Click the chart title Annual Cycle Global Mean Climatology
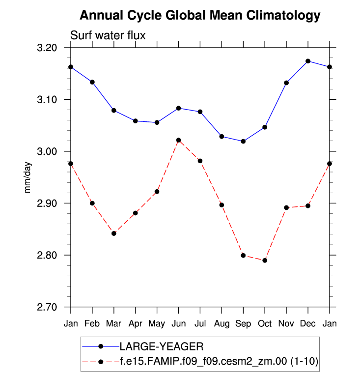(199, 15)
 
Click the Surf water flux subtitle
(108, 35)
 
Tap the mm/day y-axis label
(28, 177)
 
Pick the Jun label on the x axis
(178, 323)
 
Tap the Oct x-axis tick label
(265, 323)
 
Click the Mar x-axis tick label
(113, 323)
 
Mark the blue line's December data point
(308, 61)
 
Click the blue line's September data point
(243, 142)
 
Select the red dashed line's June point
(178, 140)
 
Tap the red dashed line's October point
(265, 260)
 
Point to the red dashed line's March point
(113, 233)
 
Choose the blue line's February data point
(92, 82)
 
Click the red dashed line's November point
(286, 207)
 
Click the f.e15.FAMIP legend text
(219, 362)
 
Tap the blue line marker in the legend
(101, 346)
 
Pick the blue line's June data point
(178, 108)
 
